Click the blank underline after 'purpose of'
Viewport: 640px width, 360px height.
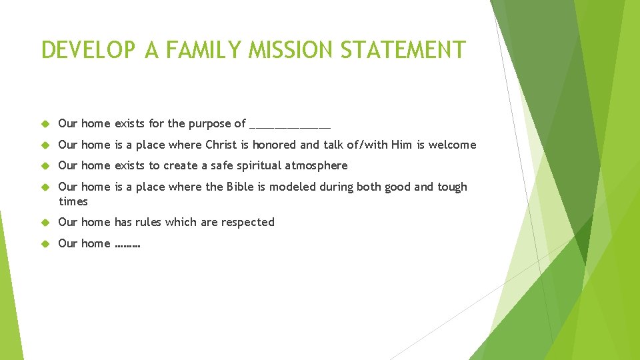tap(289, 125)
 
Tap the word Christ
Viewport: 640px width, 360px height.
tap(221, 145)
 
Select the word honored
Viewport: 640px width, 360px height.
tap(274, 145)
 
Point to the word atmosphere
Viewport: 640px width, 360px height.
tap(316, 165)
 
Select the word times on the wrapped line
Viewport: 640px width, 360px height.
tap(73, 201)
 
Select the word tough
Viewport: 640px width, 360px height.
tap(452, 187)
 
